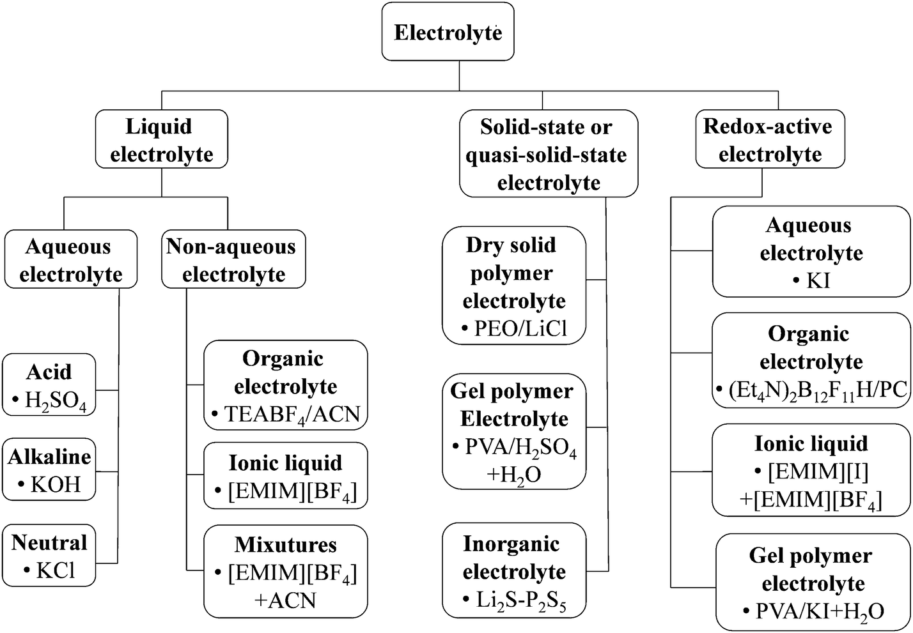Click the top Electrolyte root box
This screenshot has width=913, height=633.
[x=448, y=32]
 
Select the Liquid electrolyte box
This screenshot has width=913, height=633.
[x=161, y=139]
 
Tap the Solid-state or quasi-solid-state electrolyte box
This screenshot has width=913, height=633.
[x=548, y=154]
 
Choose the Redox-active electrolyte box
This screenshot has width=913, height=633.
[x=769, y=139]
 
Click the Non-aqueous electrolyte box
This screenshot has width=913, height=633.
[x=233, y=259]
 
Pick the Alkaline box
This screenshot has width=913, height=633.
[x=49, y=469]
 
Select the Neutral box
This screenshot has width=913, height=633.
[x=49, y=554]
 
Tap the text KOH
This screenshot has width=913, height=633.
[x=56, y=484]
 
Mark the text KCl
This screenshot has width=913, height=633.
[x=56, y=570]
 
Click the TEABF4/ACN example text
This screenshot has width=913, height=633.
[x=292, y=415]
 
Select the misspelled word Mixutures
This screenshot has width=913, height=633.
[x=285, y=544]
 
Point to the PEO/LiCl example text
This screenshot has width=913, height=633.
[x=520, y=328]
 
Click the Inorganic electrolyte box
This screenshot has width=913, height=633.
[x=514, y=570]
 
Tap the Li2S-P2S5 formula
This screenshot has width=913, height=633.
[x=521, y=599]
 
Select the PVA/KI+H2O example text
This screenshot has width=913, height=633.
[x=820, y=611]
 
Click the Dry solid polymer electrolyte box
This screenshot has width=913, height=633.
[x=514, y=286]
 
